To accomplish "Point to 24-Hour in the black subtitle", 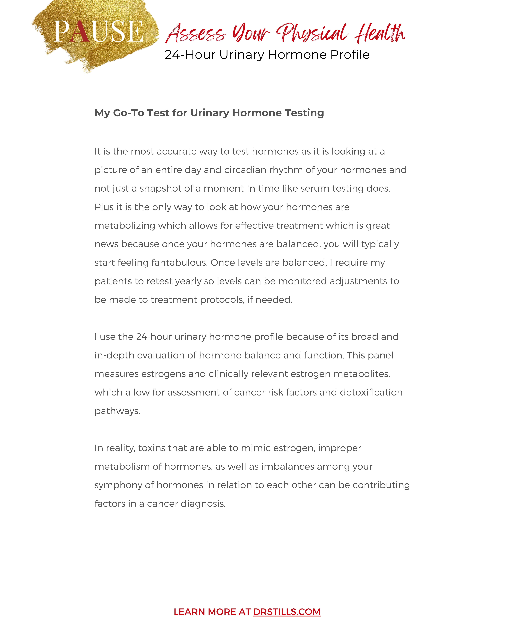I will click(x=190, y=55).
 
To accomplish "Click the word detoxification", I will click(x=371, y=393).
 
